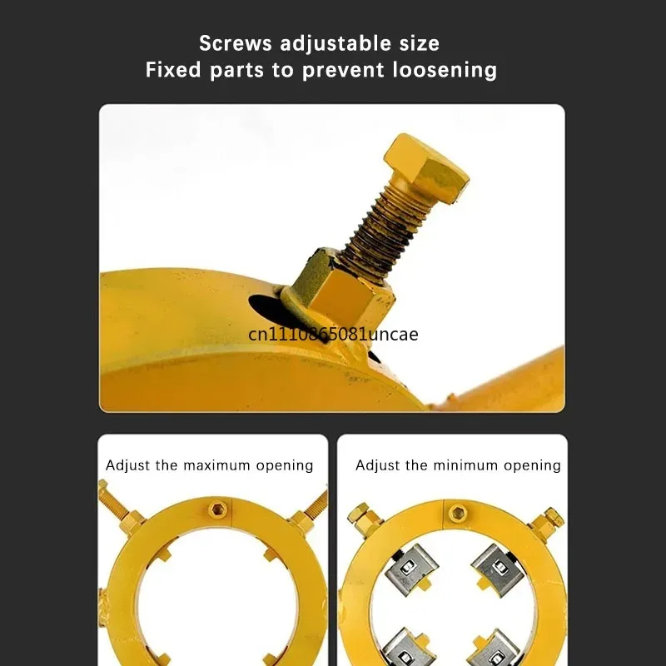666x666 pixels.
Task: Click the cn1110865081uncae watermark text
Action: coord(333,335)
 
